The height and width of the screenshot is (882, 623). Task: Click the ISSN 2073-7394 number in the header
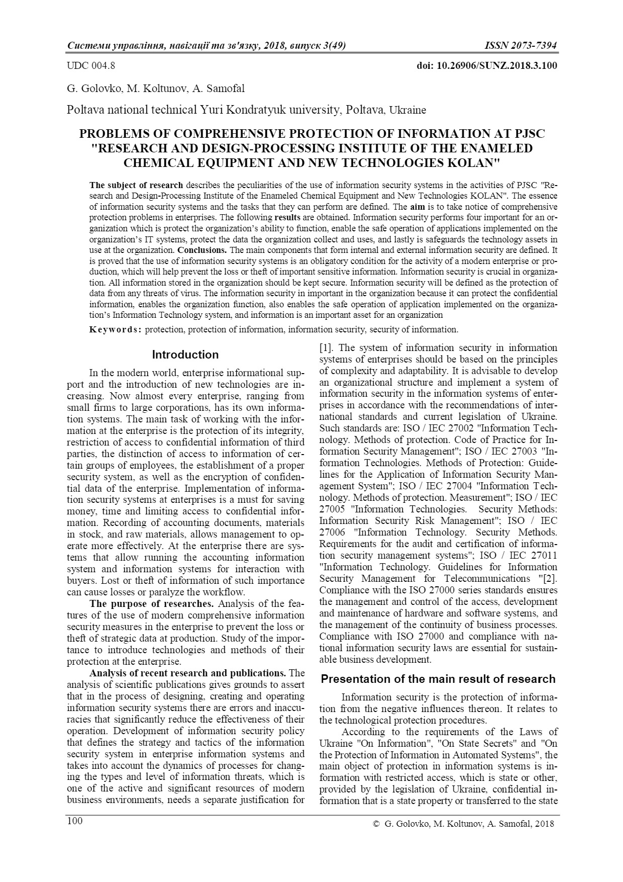(x=520, y=46)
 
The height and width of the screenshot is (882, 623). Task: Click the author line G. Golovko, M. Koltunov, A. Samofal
(x=156, y=89)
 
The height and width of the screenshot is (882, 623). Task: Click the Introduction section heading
(x=185, y=355)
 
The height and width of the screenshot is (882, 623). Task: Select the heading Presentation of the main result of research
(x=438, y=679)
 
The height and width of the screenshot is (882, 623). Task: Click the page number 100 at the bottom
(x=75, y=821)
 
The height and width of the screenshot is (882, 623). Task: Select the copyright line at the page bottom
(x=463, y=824)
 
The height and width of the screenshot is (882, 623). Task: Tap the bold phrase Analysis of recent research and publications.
(x=188, y=673)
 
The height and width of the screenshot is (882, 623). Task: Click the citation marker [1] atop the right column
(x=326, y=347)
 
